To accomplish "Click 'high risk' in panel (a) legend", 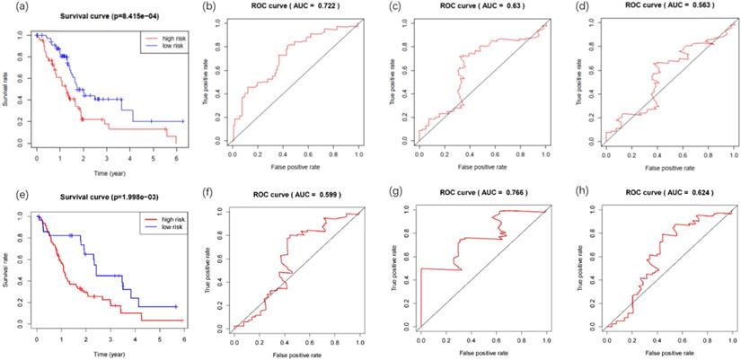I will coord(168,39).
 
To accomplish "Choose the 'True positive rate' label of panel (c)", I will coord(393,84).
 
